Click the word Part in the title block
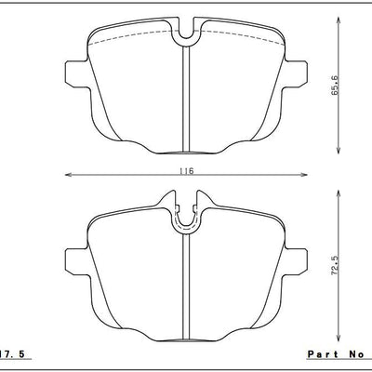320,354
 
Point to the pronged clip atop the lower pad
188,212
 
